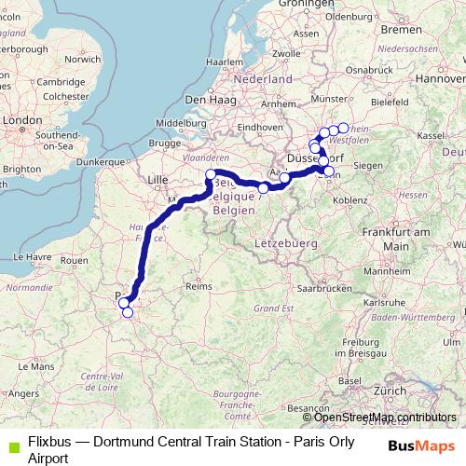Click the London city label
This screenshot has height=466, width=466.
(x=20, y=120)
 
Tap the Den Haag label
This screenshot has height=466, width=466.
(x=209, y=98)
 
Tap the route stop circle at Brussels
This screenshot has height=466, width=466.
(x=211, y=175)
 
